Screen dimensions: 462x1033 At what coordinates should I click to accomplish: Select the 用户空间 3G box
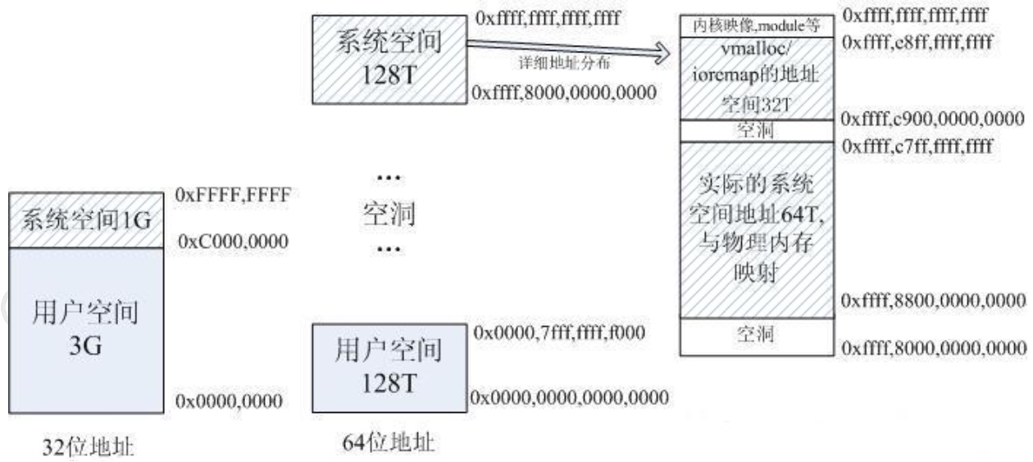86,327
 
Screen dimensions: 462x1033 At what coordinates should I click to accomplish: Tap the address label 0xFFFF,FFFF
234,197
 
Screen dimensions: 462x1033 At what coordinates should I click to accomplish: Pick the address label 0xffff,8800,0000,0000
934,301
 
